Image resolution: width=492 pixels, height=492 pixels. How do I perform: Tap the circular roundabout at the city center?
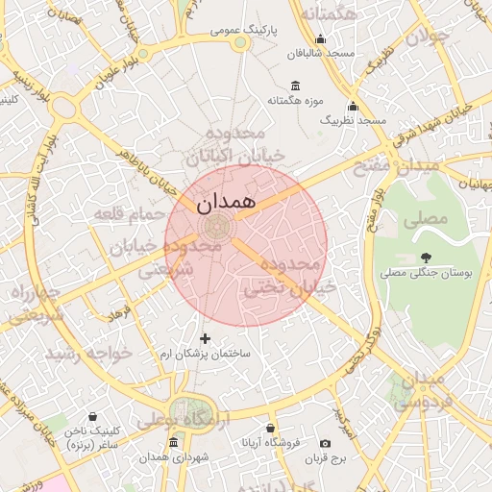click(215, 228)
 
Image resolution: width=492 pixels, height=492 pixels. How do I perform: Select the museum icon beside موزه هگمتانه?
click(294, 85)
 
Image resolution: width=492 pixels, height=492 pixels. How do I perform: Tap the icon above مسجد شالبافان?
click(320, 39)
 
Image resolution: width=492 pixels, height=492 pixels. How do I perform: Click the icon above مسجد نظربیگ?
click(353, 106)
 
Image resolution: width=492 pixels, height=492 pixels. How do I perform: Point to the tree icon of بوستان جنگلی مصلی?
click(425, 257)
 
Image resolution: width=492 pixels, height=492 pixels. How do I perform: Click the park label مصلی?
click(426, 219)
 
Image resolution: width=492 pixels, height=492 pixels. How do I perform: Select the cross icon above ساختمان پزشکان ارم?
click(204, 338)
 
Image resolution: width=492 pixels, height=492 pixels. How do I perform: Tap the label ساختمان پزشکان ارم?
click(204, 354)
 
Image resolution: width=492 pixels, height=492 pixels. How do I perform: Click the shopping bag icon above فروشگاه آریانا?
click(271, 429)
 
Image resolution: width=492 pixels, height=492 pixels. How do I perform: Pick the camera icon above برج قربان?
click(326, 443)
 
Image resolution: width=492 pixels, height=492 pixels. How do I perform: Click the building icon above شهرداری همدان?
click(173, 442)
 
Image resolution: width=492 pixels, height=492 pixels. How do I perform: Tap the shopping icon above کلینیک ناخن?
click(92, 417)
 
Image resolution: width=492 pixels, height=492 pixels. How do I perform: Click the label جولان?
click(427, 37)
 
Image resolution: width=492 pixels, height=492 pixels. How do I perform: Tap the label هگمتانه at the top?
click(329, 14)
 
